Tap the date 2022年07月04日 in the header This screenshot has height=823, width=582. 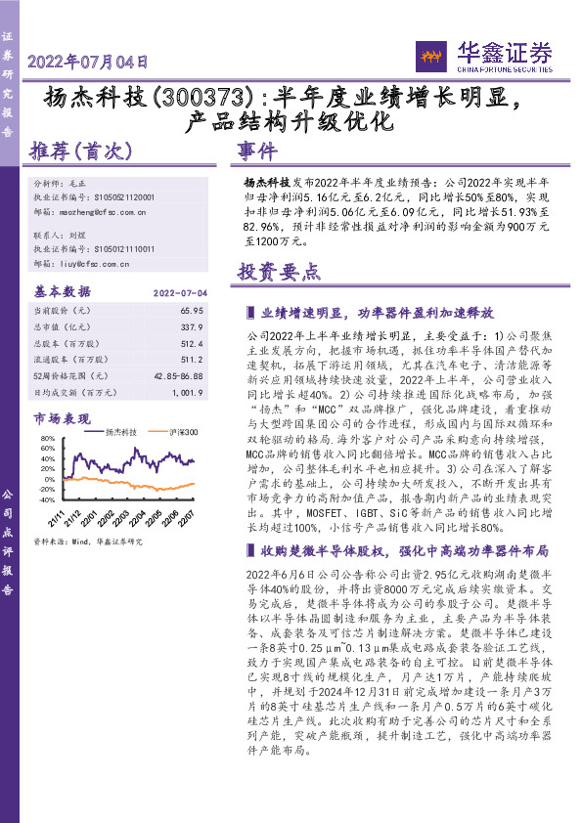[x=88, y=62]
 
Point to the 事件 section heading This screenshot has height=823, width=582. [x=257, y=152]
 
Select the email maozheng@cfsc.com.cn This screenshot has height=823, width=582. [x=102, y=210]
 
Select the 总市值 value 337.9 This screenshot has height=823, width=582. [x=194, y=325]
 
